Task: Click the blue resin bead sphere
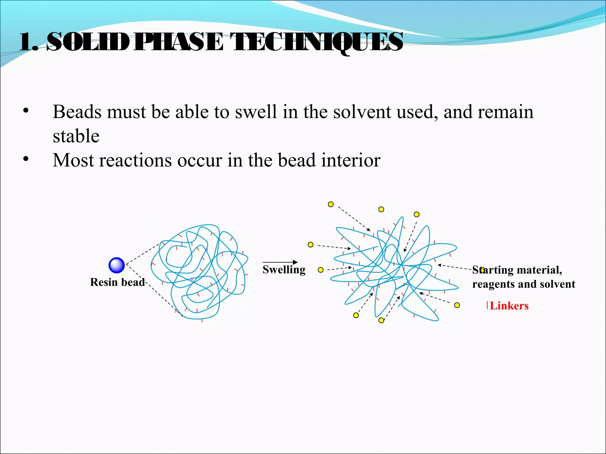[x=117, y=265]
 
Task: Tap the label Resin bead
[x=117, y=282]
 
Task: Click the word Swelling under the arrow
[x=284, y=270]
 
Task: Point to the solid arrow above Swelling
[x=280, y=262]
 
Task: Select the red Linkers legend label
[x=509, y=306]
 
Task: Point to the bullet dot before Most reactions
[x=26, y=159]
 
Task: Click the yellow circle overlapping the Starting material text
[x=482, y=270]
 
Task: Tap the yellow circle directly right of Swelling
[x=320, y=270]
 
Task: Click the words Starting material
[x=517, y=270]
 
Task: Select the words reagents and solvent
[x=523, y=284]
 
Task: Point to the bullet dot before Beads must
[x=26, y=111]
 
